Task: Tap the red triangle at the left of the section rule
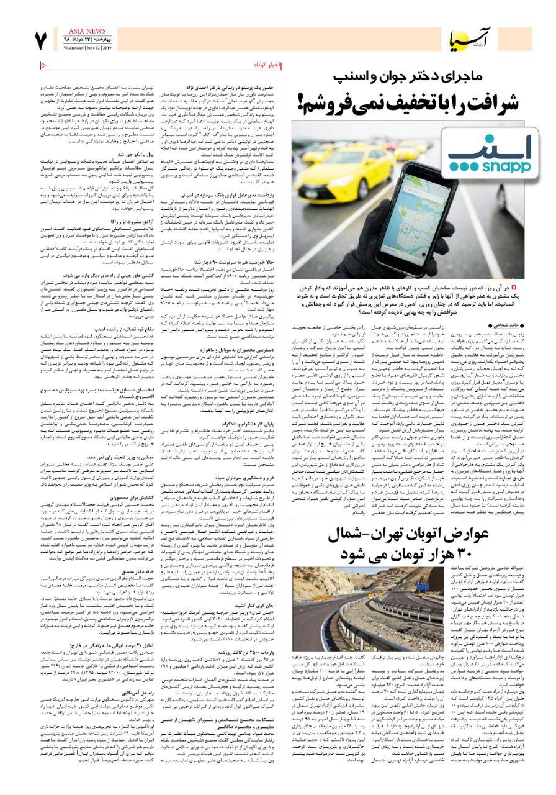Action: [43, 65]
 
